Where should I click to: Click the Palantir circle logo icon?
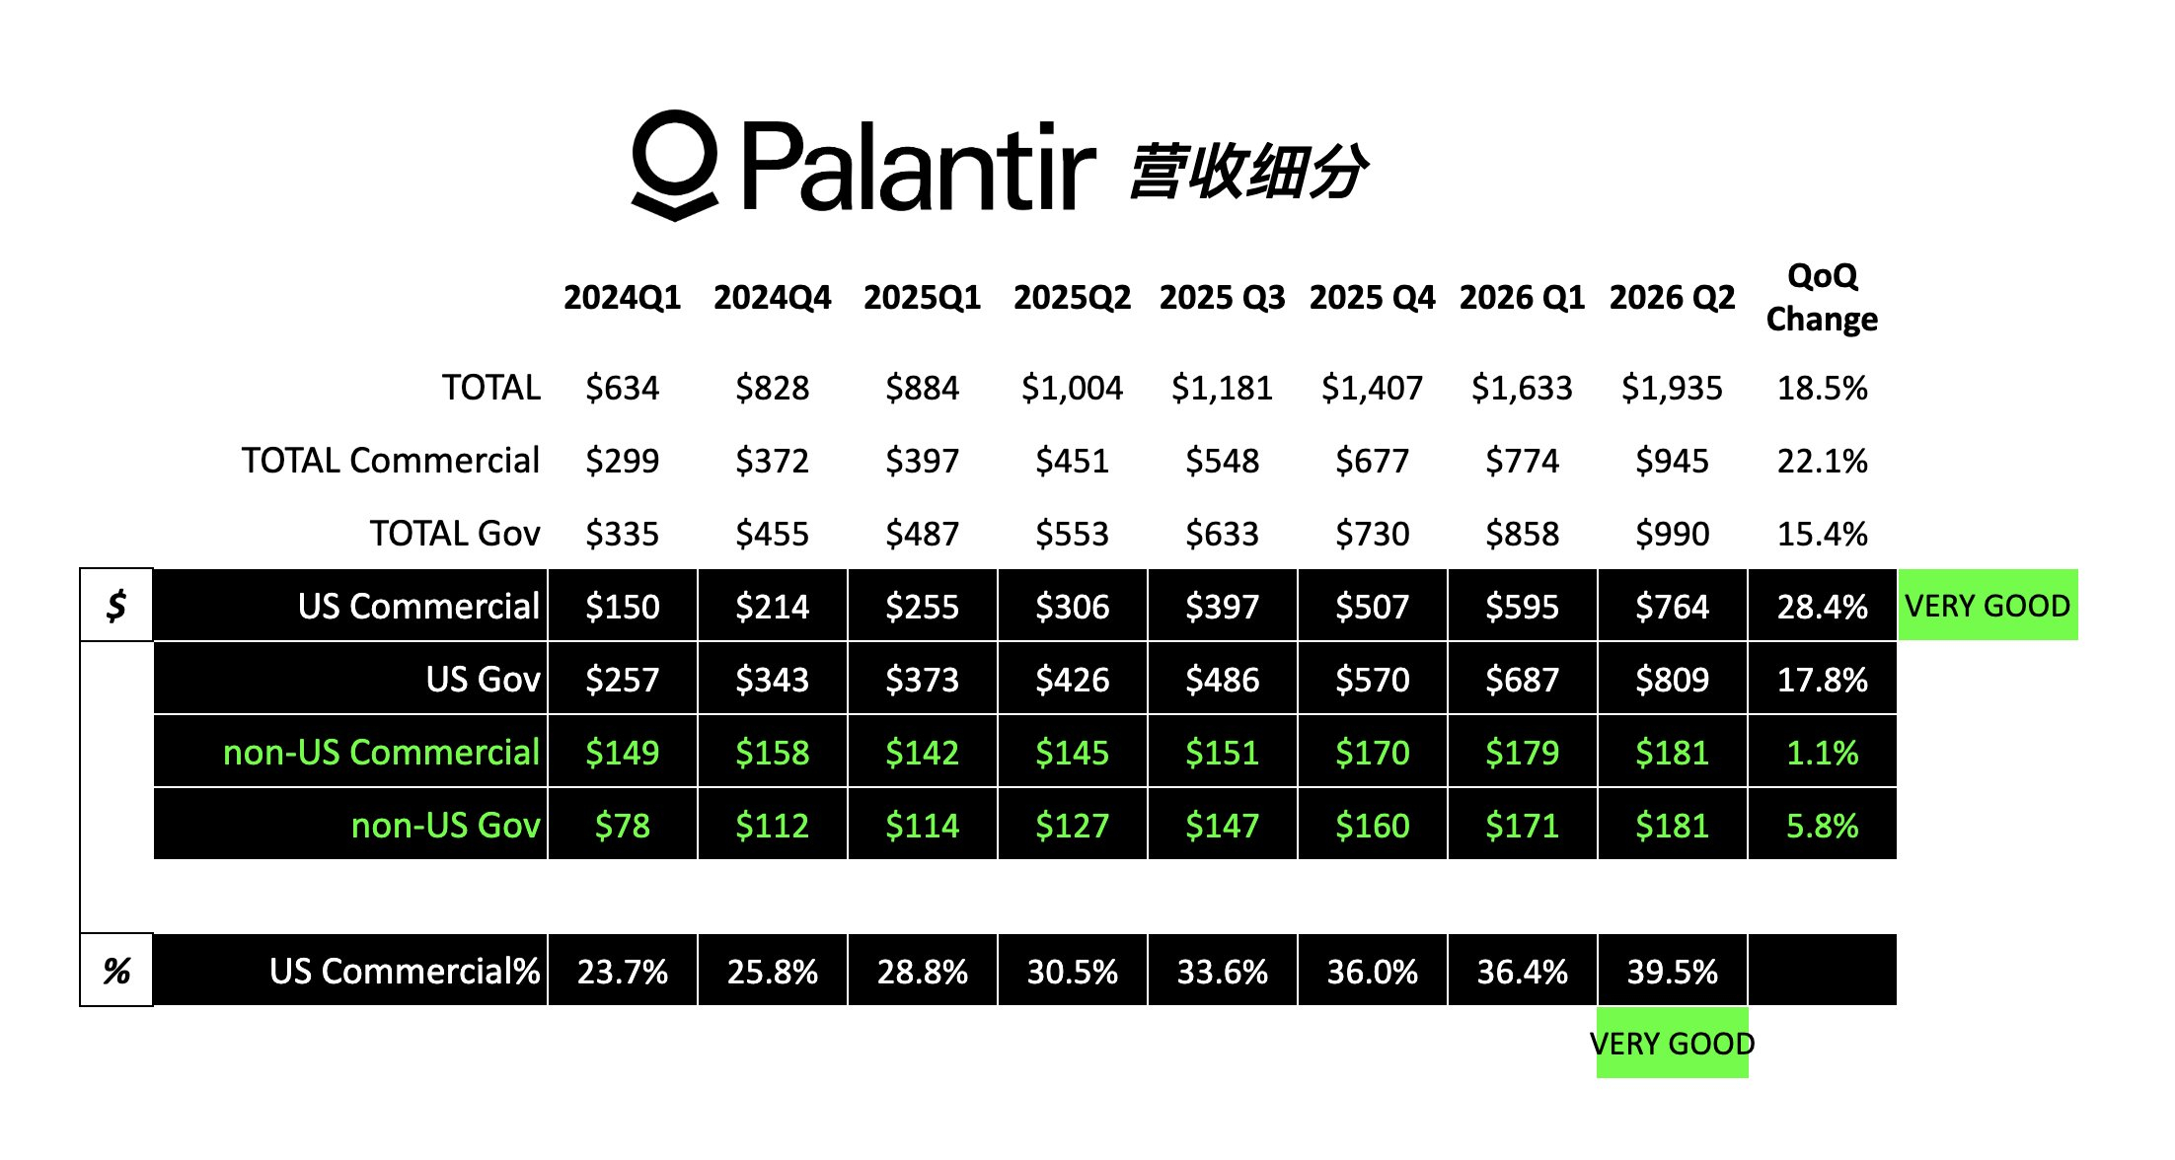675,165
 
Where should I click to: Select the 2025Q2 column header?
1072,297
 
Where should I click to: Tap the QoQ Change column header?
1822,297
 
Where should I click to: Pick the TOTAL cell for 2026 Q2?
1672,388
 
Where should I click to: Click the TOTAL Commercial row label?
391,461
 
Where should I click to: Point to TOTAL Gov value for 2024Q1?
622,534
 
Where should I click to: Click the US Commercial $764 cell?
1672,607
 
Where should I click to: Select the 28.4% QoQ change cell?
1822,607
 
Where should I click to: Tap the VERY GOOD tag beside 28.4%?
1987,605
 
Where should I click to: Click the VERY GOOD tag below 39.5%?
1673,1043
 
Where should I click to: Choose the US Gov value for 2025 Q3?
1222,680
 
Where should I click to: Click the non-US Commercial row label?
381,753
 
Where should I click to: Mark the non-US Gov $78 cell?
622,826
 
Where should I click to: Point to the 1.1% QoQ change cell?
1822,753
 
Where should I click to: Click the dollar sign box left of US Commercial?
116,605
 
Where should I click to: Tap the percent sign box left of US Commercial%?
116,971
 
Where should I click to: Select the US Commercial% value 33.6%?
1222,972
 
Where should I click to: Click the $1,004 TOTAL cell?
1072,388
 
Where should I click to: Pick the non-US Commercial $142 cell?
922,753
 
